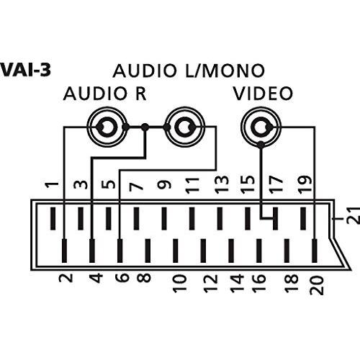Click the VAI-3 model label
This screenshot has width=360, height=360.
pyautogui.click(x=25, y=70)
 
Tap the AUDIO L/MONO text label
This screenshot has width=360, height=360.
pyautogui.click(x=189, y=71)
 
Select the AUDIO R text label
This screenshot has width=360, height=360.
pyautogui.click(x=105, y=94)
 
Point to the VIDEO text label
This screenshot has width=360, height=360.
pyautogui.click(x=264, y=94)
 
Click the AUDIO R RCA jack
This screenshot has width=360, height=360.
pyautogui.click(x=107, y=127)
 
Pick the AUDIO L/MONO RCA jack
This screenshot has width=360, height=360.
pyautogui.click(x=184, y=127)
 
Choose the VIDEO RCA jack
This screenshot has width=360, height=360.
pyautogui.click(x=261, y=127)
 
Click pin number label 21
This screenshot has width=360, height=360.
pyautogui.click(x=354, y=215)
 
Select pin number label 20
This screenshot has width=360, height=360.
pyautogui.click(x=317, y=285)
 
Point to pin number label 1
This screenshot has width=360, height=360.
pyautogui.click(x=52, y=185)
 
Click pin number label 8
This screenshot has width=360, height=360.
pyautogui.click(x=144, y=278)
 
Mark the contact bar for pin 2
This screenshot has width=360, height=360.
pyautogui.click(x=64, y=251)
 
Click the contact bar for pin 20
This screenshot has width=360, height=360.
pyautogui.click(x=315, y=251)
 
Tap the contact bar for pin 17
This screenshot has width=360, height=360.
pyautogui.click(x=275, y=218)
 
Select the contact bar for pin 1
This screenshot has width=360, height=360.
pyautogui.click(x=53, y=218)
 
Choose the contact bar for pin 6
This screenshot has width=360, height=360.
pyautogui.click(x=120, y=251)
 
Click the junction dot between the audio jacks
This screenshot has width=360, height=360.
pyautogui.click(x=145, y=127)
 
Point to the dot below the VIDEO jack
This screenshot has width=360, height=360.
pyautogui.click(x=261, y=145)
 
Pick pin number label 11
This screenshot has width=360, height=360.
pyautogui.click(x=192, y=185)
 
